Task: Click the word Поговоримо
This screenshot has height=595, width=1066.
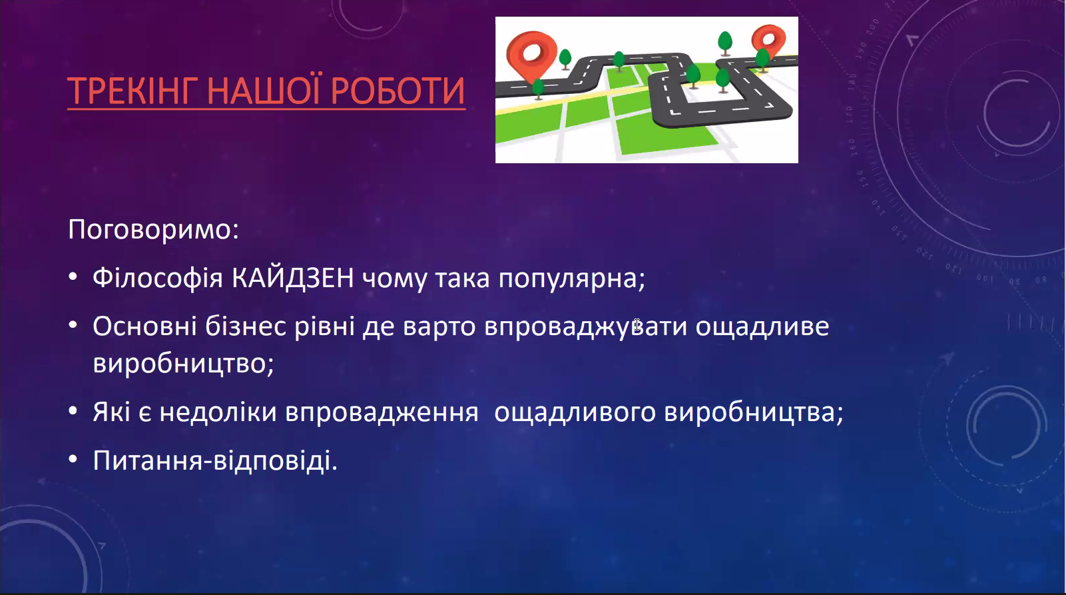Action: (153, 230)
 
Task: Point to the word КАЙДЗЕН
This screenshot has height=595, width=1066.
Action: (293, 277)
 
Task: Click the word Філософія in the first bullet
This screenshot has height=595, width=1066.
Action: (158, 279)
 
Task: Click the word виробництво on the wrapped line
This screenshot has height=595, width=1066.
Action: (184, 364)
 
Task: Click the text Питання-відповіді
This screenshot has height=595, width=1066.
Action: (215, 461)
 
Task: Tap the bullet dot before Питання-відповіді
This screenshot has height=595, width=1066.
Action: (73, 459)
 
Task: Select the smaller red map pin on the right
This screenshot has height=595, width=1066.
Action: (768, 41)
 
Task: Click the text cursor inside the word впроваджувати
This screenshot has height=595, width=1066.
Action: (637, 325)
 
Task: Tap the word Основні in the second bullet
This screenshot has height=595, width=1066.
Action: (144, 326)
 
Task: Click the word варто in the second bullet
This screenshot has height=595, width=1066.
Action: (439, 327)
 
